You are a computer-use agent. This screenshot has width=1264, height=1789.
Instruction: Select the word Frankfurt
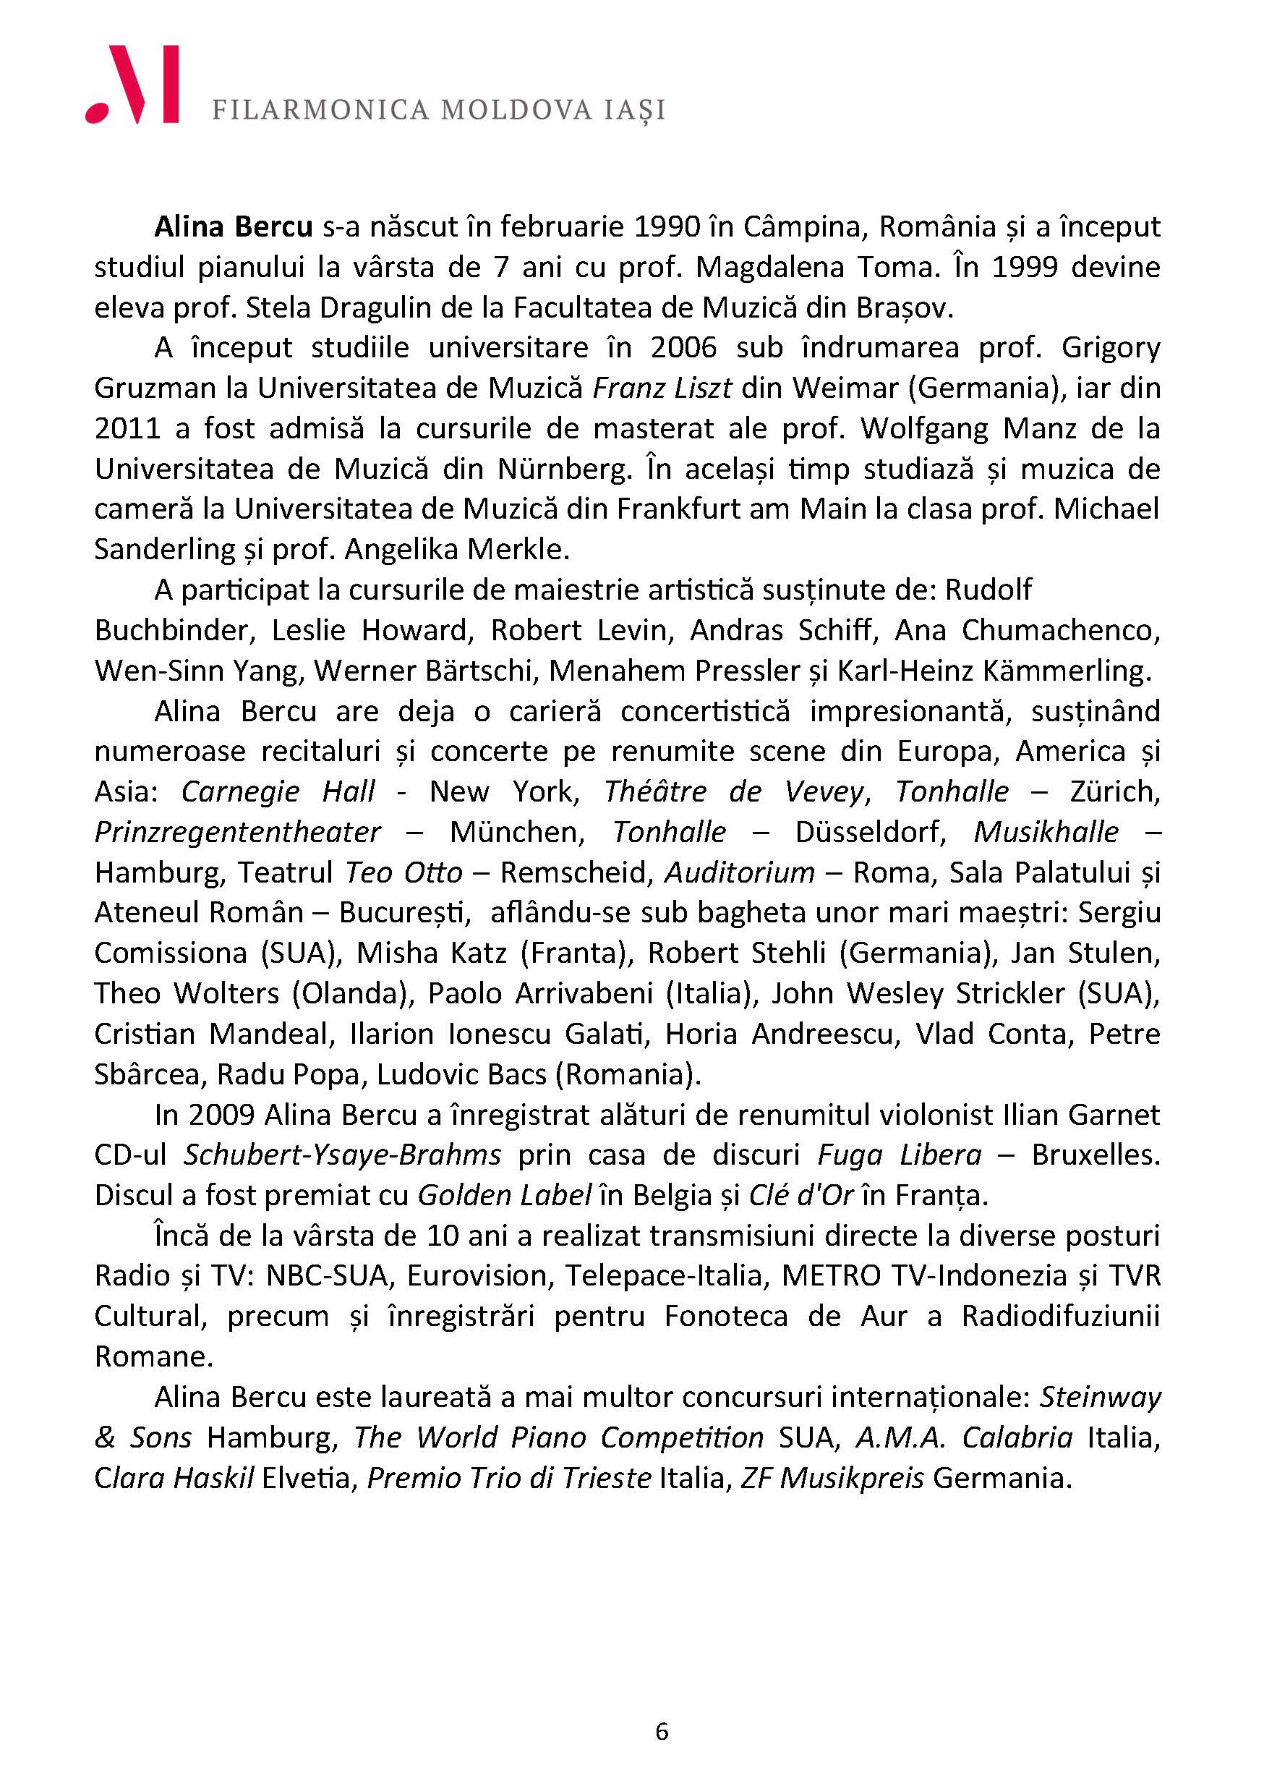[679, 509]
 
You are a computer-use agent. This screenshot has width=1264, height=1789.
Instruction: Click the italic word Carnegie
[241, 791]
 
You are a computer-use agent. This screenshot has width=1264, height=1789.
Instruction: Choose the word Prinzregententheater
[237, 832]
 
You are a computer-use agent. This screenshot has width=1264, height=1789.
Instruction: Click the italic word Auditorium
[740, 872]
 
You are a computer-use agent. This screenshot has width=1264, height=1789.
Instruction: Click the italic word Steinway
[1101, 1398]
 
